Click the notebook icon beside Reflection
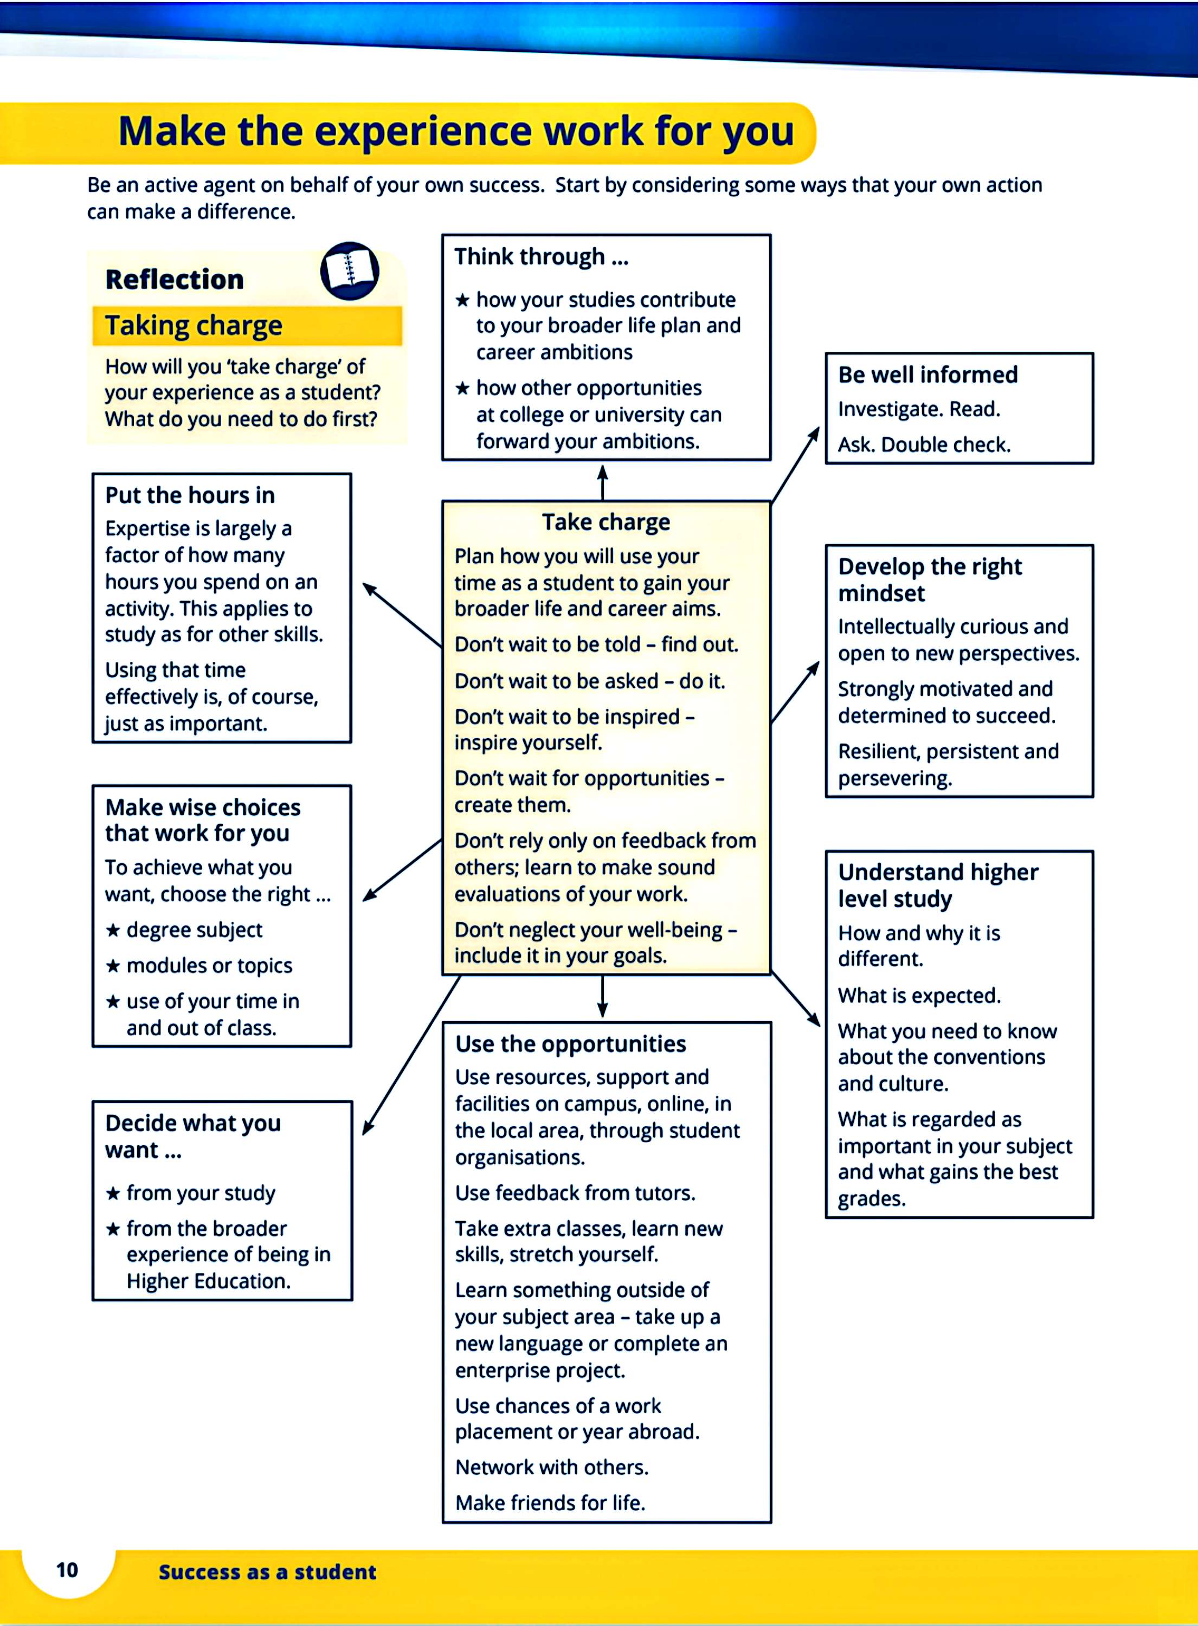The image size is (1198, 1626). [x=350, y=271]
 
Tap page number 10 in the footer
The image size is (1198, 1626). [x=67, y=1570]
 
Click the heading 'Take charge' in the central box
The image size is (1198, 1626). [x=606, y=522]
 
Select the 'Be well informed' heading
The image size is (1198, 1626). [x=928, y=375]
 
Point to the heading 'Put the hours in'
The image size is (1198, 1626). [x=190, y=495]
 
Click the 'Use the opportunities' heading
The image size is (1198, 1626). [x=570, y=1044]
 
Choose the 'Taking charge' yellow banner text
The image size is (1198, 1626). [x=194, y=326]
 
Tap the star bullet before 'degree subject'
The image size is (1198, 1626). [x=113, y=930]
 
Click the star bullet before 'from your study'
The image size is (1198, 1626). [x=113, y=1193]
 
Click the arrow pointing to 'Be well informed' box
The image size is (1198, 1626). [x=796, y=464]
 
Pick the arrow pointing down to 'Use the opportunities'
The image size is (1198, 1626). [x=602, y=997]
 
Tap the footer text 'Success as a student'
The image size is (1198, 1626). [x=267, y=1572]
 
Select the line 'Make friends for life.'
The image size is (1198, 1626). [x=550, y=1503]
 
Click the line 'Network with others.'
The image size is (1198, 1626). [x=551, y=1467]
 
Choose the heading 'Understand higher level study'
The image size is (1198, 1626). [x=938, y=885]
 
